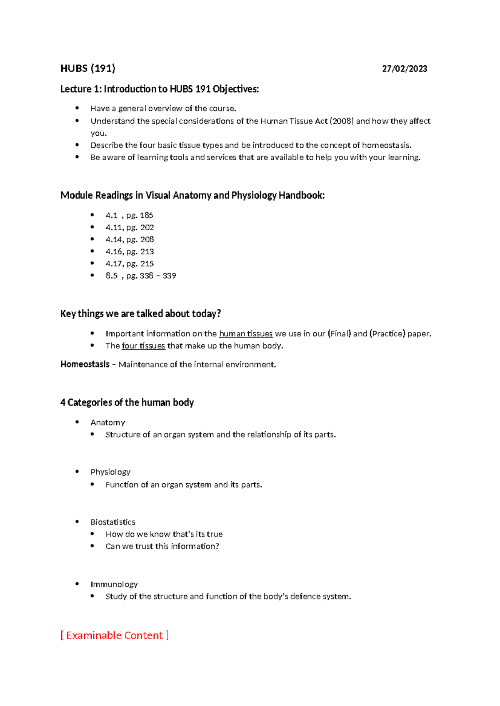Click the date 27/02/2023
pos(404,69)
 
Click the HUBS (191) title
pos(87,69)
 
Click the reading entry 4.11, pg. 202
pos(130,227)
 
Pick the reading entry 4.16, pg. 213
pos(130,251)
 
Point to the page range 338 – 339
pos(158,276)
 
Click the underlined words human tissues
pos(245,333)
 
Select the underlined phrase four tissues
pos(143,346)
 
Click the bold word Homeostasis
pos(85,364)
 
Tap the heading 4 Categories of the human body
pos(127,402)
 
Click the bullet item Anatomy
pos(107,423)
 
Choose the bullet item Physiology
pos(110,472)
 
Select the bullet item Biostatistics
pos(112,522)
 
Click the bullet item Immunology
pos(114,584)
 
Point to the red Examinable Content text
pos(115,635)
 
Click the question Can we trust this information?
pos(162,546)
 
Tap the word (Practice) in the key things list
pos(387,333)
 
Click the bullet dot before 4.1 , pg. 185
pos(92,215)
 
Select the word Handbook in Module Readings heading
pos(301,195)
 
